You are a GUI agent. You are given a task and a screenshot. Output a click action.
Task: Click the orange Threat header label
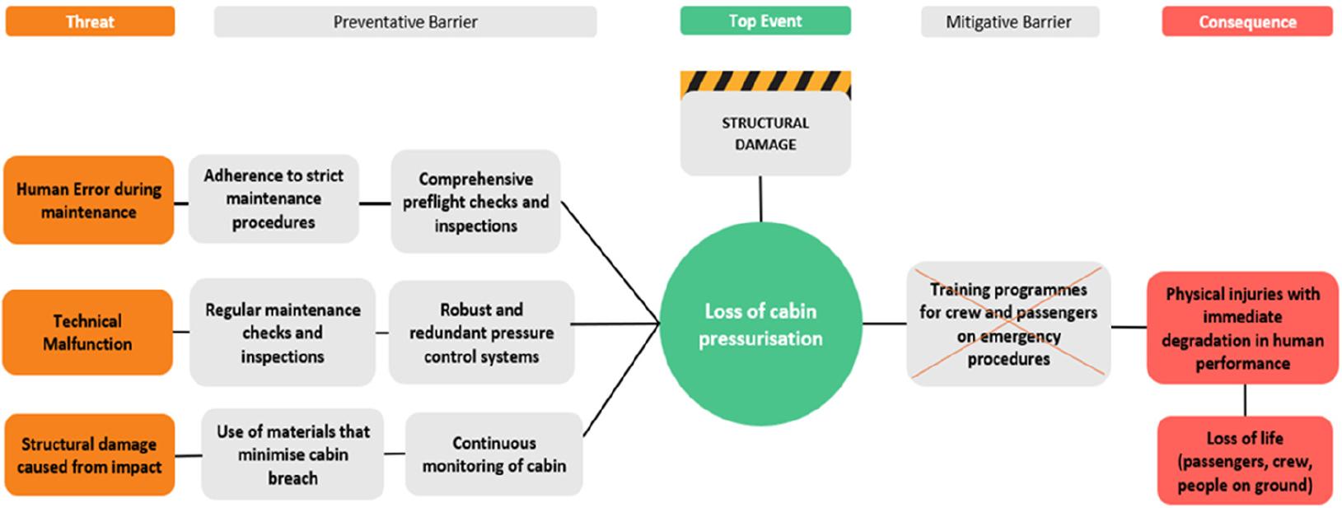90,21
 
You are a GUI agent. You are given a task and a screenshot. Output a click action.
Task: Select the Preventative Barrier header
404,22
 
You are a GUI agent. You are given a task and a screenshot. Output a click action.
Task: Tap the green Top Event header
765,21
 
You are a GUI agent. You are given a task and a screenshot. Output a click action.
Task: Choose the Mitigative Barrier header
1009,22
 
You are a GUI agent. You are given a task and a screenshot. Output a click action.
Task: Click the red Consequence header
1246,22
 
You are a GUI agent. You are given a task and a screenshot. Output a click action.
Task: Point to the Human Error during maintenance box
89,200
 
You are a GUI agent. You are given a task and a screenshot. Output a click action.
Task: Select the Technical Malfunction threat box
87,332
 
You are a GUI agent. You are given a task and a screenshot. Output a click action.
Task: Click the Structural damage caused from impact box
89,454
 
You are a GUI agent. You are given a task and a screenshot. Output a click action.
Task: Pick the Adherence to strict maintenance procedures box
274,198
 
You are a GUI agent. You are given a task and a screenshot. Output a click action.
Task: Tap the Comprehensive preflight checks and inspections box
475,202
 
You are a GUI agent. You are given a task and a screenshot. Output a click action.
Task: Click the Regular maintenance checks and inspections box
283,333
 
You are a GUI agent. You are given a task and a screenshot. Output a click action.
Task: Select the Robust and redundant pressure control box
481,333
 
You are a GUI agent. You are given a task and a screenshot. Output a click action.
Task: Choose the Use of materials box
292,454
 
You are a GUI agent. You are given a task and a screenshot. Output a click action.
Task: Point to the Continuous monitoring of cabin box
493,454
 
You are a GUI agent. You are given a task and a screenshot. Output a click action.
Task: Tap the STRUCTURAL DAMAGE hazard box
765,133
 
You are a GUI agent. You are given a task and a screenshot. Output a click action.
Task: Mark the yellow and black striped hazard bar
765,81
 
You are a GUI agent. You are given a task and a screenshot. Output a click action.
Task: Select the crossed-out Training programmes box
1008,324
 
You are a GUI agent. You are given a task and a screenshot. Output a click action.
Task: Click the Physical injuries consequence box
1242,328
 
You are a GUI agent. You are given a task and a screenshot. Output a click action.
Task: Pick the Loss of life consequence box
1244,460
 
